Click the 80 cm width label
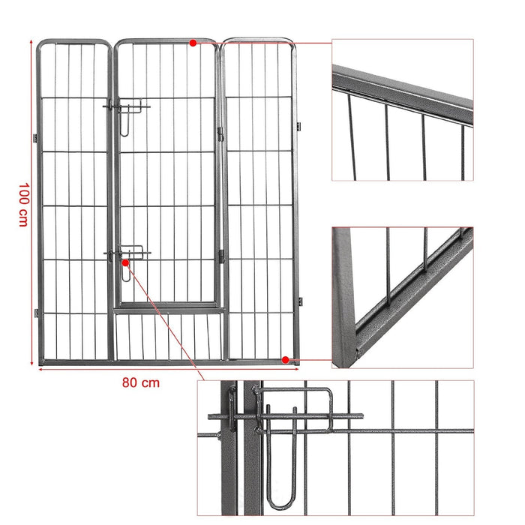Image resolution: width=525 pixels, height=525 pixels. coord(140,382)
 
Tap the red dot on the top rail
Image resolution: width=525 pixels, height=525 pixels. coord(193,43)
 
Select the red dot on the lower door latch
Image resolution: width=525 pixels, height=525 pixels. coord(124,263)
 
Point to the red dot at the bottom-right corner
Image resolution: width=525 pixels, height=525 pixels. coord(286,360)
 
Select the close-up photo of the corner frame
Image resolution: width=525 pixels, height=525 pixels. coord(403,298)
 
